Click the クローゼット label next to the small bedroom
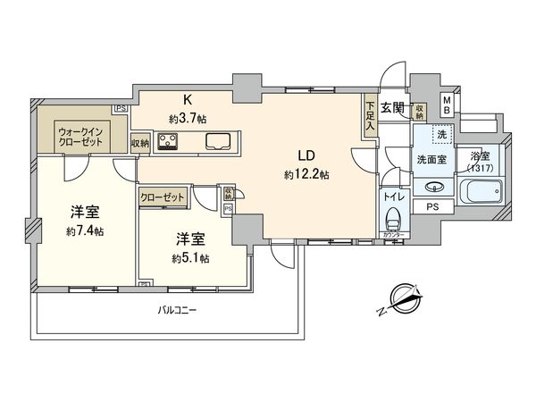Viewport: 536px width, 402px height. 163,197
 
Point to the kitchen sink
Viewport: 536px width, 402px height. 219,141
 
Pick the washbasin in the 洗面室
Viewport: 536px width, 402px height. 433,188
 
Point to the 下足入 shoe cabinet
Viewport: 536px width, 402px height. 370,115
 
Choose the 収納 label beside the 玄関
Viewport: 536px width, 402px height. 419,111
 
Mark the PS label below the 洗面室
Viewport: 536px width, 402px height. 432,207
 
